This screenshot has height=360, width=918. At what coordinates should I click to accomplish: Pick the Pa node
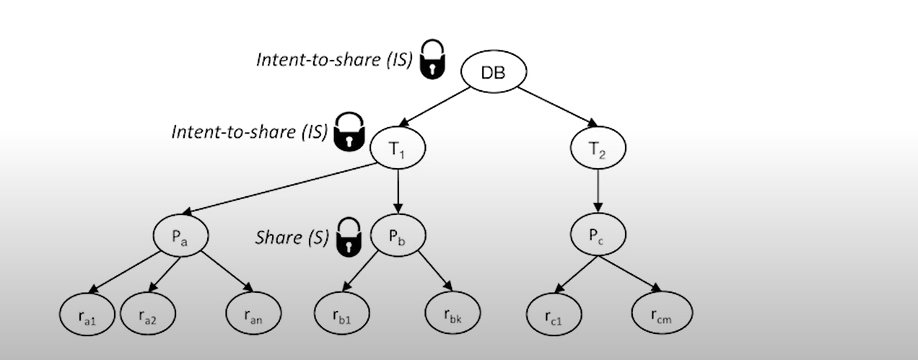point(180,235)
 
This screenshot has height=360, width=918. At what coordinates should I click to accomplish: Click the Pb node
point(398,235)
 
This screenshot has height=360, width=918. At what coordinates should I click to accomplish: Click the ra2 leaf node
point(147,315)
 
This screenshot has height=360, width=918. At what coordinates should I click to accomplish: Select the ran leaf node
point(253,315)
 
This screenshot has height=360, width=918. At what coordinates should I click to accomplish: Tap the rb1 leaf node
point(341,315)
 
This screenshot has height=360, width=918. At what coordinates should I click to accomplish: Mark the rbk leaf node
point(452,315)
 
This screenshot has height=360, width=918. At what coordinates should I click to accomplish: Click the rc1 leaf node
point(553,315)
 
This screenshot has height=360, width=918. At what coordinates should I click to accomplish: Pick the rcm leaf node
point(662,315)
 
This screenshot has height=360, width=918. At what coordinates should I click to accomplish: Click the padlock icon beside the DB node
point(433,60)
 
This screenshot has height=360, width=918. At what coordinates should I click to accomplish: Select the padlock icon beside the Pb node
point(349,236)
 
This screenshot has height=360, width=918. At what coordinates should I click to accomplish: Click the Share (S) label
point(292,237)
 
